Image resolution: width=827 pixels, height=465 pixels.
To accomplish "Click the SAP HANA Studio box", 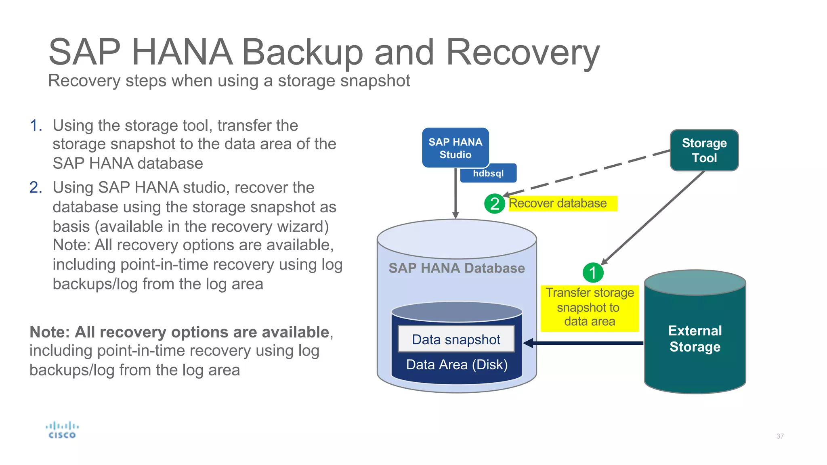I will pyautogui.click(x=455, y=148).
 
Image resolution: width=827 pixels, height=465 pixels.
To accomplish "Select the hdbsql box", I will pyautogui.click(x=488, y=174).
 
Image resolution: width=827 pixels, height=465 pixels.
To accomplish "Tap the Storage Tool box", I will pyautogui.click(x=704, y=150).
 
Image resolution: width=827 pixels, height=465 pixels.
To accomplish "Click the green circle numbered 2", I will pyautogui.click(x=494, y=203).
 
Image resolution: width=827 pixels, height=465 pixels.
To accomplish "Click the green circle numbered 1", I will pyautogui.click(x=593, y=272).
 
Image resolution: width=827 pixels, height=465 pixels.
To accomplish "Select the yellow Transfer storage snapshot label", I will pyautogui.click(x=590, y=308).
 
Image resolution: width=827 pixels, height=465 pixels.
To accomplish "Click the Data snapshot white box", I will pyautogui.click(x=456, y=339).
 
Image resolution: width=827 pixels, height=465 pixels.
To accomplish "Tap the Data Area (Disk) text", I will pyautogui.click(x=457, y=364).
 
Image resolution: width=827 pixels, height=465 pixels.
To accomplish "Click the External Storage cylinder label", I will pyautogui.click(x=695, y=339).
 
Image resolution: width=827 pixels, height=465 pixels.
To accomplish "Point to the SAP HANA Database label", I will pyautogui.click(x=456, y=268).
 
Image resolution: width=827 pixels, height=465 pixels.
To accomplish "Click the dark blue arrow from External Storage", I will pyautogui.click(x=586, y=343).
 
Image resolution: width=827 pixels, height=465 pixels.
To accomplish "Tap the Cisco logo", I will pyautogui.click(x=62, y=430).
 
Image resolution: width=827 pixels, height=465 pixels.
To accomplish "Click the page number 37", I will pyautogui.click(x=780, y=436).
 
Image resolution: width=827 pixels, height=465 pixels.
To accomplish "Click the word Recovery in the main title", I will pyautogui.click(x=523, y=52).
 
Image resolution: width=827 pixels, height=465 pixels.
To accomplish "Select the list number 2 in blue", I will pyautogui.click(x=36, y=187).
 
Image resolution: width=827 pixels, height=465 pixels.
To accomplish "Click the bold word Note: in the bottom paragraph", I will pyautogui.click(x=50, y=332).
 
